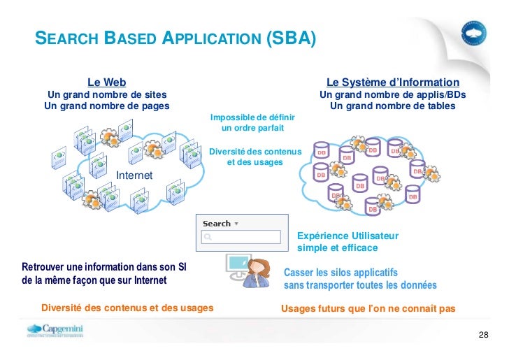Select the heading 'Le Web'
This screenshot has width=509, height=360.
click(106, 82)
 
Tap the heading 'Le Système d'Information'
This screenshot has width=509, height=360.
click(392, 82)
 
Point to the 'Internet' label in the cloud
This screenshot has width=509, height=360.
click(134, 175)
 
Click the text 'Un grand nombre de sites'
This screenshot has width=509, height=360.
click(106, 94)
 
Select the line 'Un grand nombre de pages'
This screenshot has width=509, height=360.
click(106, 106)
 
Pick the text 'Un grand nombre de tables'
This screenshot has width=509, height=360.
click(392, 106)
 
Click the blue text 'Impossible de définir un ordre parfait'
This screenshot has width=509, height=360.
click(252, 123)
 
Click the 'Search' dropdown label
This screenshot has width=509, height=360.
click(220, 224)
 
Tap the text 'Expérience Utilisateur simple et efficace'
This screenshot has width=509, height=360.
click(347, 242)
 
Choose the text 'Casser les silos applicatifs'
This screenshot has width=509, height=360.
click(340, 272)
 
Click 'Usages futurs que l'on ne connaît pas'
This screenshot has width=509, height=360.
click(367, 308)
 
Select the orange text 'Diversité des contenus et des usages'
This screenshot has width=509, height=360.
click(127, 308)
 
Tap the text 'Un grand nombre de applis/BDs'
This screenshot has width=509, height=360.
click(392, 94)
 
